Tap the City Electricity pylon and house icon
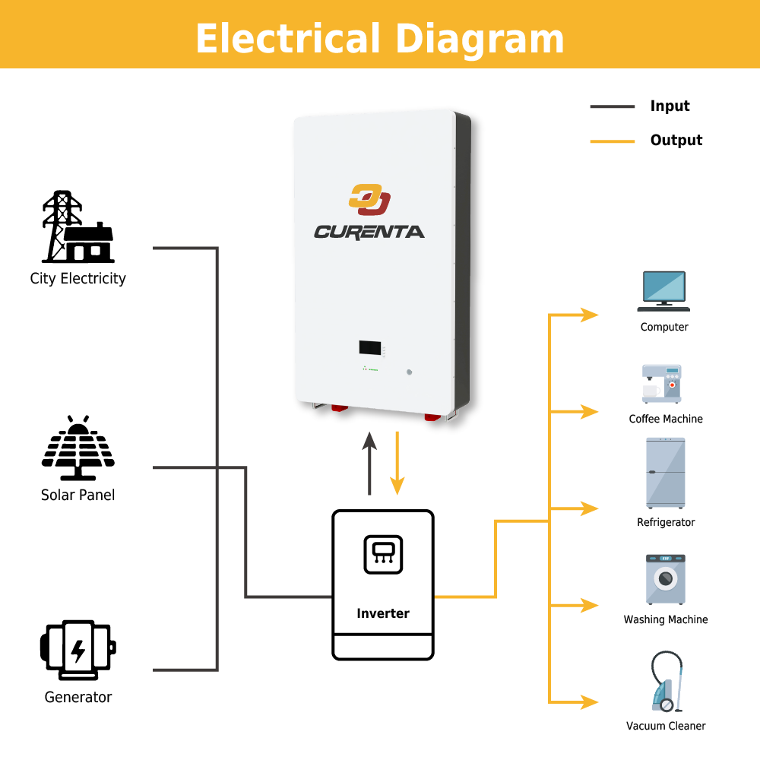tap(78, 228)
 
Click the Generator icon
tap(78, 650)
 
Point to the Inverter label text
tap(383, 613)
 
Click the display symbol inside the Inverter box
tap(383, 555)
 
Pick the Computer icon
tap(663, 291)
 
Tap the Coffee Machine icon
tap(662, 384)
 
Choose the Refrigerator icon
tap(666, 473)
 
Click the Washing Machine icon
tap(665, 579)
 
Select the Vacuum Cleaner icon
tap(663, 682)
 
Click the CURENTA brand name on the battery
tap(369, 232)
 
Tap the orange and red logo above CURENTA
tap(369, 200)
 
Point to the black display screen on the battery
tap(370, 348)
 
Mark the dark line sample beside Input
tap(612, 106)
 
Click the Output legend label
tap(676, 140)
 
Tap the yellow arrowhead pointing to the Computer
tap(590, 315)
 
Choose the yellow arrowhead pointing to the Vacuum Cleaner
tap(590, 702)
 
